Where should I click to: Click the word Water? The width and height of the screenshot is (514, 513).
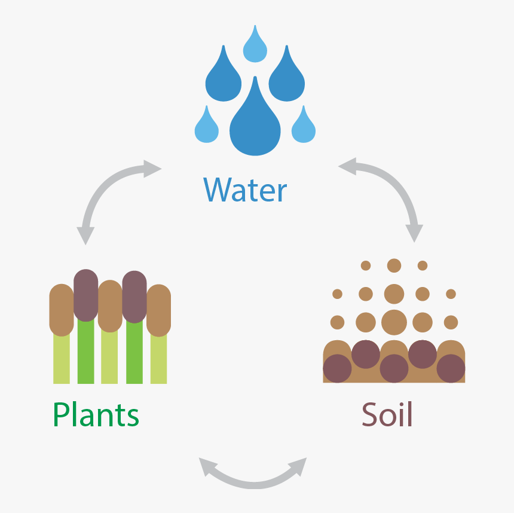245,190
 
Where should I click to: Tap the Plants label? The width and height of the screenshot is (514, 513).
96,414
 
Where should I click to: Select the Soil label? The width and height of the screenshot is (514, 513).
387,414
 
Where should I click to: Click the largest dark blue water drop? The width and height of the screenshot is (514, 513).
255,121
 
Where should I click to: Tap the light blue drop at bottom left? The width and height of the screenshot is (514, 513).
207,126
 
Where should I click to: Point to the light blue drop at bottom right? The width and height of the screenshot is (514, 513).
304,126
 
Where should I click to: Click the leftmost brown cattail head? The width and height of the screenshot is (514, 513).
62,310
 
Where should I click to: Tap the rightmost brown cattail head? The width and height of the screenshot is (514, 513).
158,310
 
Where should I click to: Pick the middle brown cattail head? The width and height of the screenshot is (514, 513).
110,306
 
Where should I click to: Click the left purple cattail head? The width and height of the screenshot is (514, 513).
86,295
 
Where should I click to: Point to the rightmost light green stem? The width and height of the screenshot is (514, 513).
158,359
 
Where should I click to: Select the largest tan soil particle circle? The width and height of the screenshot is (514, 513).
394,322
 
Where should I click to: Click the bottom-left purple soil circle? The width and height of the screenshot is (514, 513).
337,368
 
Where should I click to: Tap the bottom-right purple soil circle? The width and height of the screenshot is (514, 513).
451,368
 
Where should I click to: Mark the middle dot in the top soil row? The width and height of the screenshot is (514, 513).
394,265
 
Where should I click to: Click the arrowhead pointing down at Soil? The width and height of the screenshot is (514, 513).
414,233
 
